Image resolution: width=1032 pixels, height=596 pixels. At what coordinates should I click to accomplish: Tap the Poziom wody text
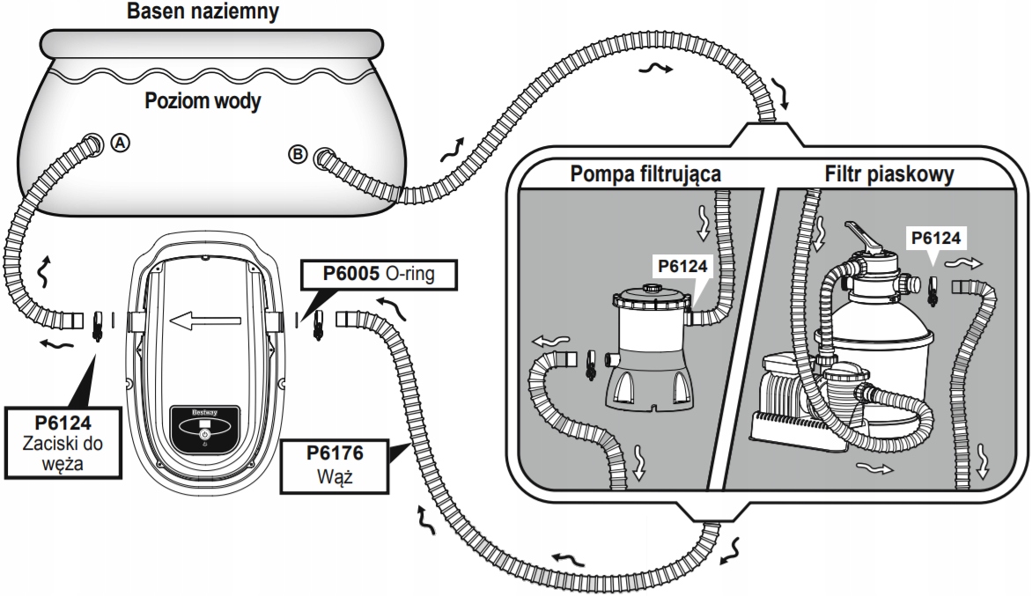coord(203,102)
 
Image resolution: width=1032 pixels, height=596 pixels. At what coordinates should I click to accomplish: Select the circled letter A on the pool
coord(121,142)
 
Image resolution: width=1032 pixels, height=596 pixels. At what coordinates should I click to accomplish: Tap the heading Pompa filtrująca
coord(645,173)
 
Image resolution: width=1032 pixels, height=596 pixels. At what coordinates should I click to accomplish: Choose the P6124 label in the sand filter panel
coord(936,236)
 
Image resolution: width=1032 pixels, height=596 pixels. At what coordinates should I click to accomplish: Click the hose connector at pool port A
coord(90,144)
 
